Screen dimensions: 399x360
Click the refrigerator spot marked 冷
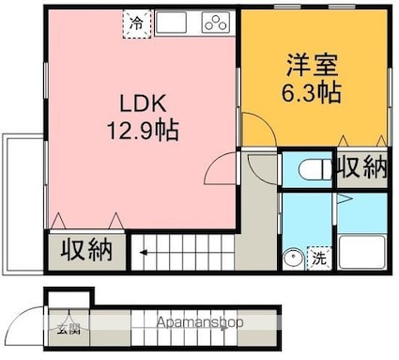(x=137, y=23)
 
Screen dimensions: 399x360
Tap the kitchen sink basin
(x=171, y=22)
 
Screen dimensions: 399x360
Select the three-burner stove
(x=216, y=22)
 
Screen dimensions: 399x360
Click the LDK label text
(x=143, y=103)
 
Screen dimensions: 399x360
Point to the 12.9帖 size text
(x=143, y=130)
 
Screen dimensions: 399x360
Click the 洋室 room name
(x=313, y=66)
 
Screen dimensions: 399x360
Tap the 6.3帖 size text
(x=312, y=92)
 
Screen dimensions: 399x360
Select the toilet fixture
(x=315, y=170)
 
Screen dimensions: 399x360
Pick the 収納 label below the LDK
(x=86, y=250)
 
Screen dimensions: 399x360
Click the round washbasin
(x=293, y=258)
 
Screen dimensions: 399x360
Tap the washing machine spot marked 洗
(x=319, y=258)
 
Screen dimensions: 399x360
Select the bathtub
(x=362, y=252)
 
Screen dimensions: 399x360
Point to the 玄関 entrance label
(x=69, y=329)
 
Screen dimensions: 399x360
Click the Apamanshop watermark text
(x=200, y=322)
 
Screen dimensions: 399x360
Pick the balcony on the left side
(x=23, y=204)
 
